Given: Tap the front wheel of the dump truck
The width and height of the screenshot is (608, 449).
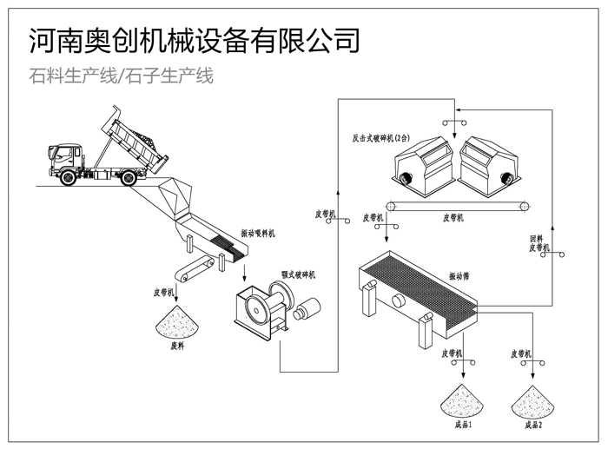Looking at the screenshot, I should (x=68, y=176).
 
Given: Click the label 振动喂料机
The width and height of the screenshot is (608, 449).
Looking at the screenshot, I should (x=258, y=234).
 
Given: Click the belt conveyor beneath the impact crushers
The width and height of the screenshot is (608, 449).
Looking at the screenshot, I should (x=457, y=206).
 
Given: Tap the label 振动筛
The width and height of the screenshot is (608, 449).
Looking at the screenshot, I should (x=460, y=276).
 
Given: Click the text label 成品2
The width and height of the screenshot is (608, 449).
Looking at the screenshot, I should (x=533, y=426).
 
